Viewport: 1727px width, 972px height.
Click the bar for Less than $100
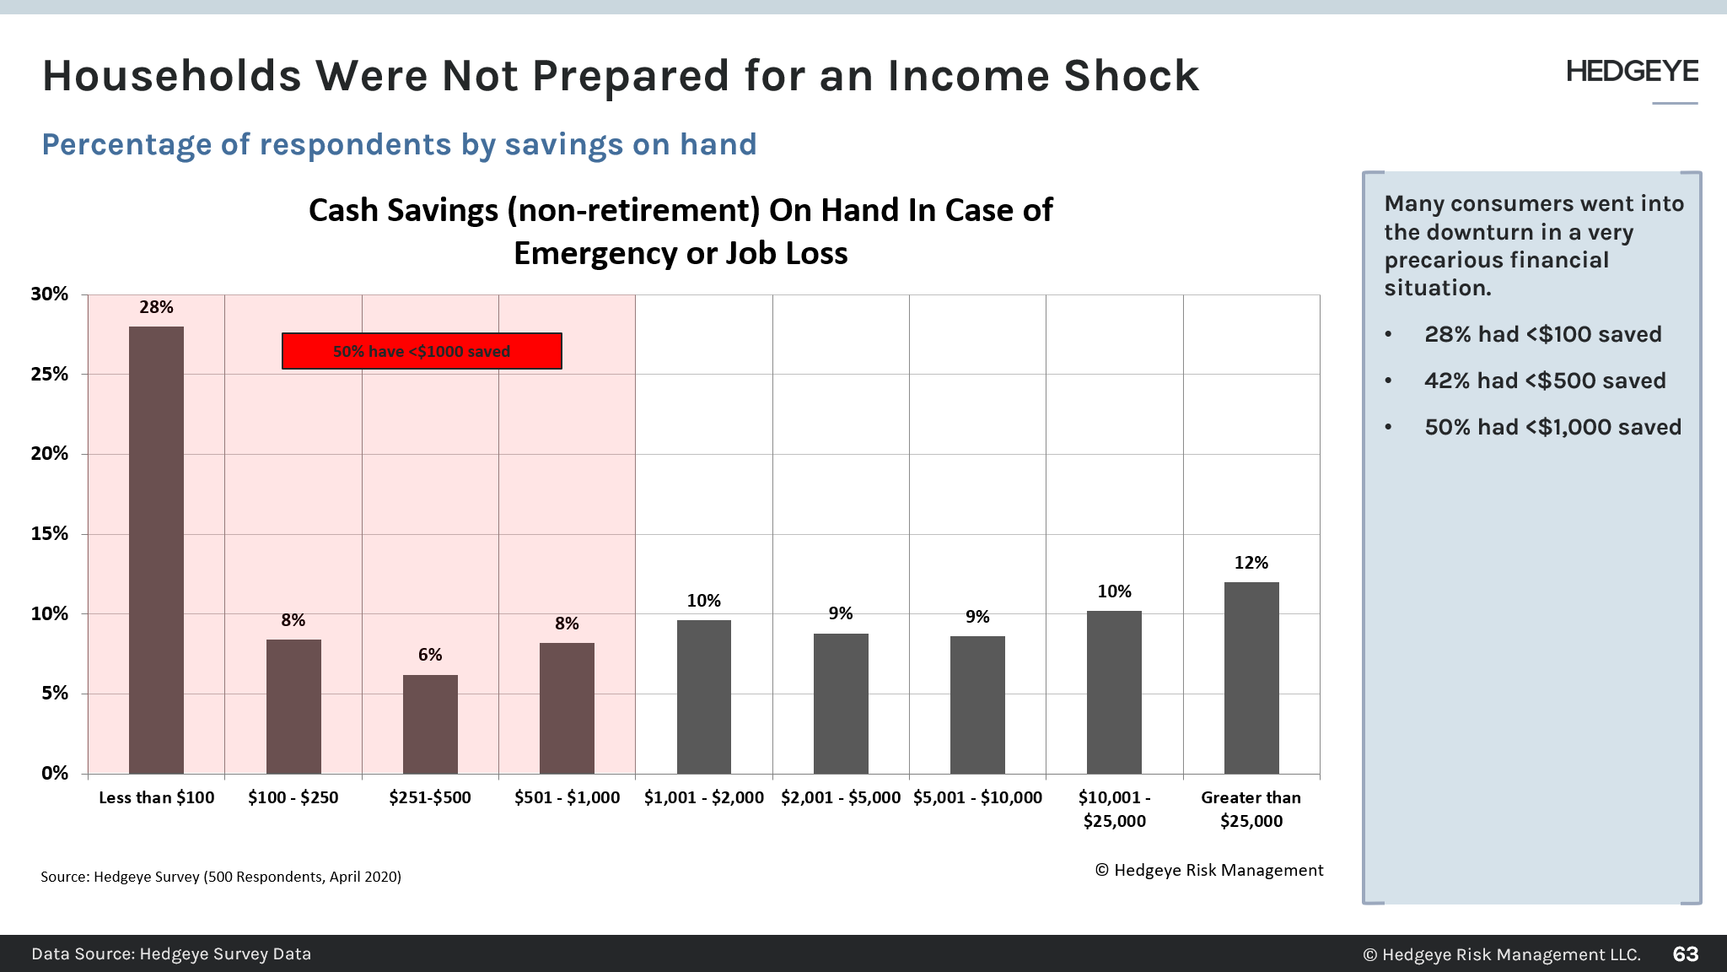[x=156, y=548]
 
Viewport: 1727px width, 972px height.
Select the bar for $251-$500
[x=430, y=724]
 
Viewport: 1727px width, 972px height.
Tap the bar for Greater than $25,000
[x=1251, y=678]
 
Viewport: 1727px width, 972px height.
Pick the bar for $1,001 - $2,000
[x=703, y=696]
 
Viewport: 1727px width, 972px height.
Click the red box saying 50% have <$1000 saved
[x=422, y=351]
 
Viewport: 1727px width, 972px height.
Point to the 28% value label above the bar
[x=156, y=307]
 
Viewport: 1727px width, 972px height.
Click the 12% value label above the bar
[x=1251, y=563]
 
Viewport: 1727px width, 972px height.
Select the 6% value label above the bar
[x=430, y=655]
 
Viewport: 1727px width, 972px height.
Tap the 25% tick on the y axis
[x=50, y=374]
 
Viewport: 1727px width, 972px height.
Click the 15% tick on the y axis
[x=50, y=533]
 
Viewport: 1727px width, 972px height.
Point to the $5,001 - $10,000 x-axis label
[x=977, y=797]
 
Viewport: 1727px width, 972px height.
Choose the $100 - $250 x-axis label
[x=293, y=797]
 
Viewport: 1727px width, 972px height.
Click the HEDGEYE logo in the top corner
[x=1632, y=72]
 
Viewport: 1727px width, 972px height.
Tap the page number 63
[x=1685, y=954]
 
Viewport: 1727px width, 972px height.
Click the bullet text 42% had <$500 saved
[x=1545, y=381]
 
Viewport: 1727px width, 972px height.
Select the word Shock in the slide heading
[x=1131, y=76]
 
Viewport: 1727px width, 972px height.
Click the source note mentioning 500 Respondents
[x=221, y=877]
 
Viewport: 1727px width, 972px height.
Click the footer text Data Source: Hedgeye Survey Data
[x=171, y=954]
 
